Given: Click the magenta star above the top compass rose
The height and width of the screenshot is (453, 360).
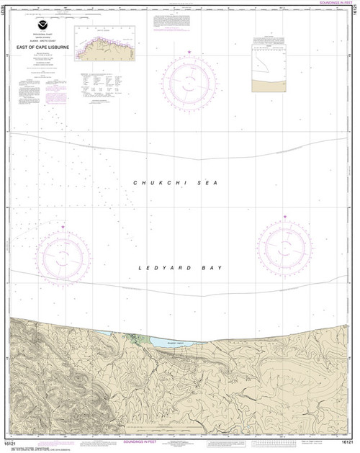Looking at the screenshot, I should (x=189, y=52).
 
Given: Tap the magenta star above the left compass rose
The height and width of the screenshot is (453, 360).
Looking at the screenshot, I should (x=63, y=227).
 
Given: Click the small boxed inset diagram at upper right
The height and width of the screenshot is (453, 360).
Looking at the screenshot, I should (x=276, y=67).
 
